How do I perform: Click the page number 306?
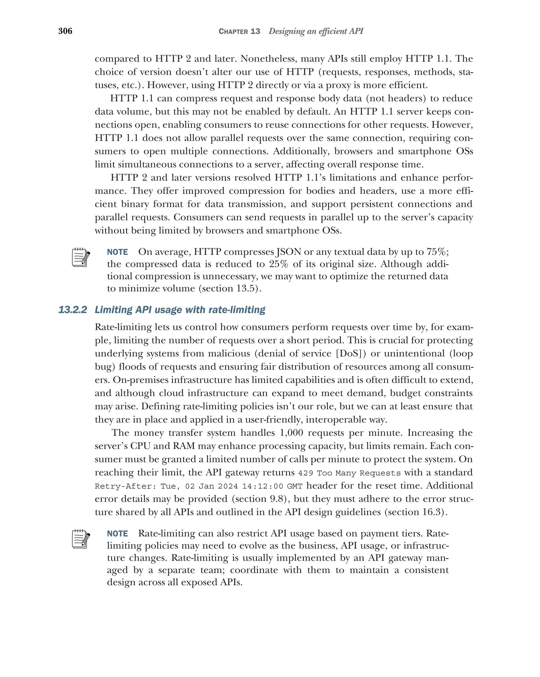(65, 31)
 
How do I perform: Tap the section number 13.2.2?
(73, 310)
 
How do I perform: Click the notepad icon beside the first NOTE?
(81, 257)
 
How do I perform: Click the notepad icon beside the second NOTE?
(81, 539)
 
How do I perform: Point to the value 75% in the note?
(436, 252)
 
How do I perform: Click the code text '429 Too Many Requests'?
(349, 473)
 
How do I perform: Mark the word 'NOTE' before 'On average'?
(117, 252)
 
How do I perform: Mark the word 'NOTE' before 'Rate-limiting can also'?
(117, 534)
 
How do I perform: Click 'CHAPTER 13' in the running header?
(239, 31)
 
